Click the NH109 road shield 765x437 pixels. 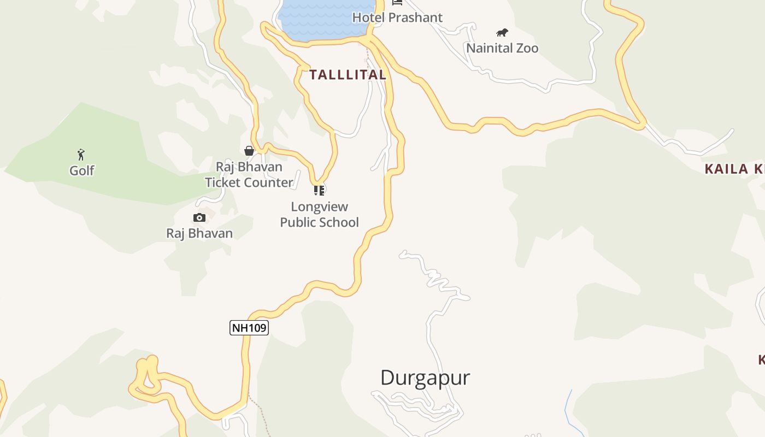coord(249,328)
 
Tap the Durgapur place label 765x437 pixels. coord(425,377)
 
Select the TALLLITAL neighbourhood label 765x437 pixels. coord(348,75)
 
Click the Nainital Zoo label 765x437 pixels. coord(502,48)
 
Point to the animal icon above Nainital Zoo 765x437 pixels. coord(502,32)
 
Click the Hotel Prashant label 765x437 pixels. coord(397,17)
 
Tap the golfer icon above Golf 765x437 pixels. coord(81,155)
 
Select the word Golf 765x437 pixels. coord(82,170)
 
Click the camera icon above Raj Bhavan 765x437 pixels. coord(199,217)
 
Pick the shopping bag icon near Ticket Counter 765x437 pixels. coord(249,151)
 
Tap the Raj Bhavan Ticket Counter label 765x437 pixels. coord(249,175)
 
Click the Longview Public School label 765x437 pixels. coord(320,215)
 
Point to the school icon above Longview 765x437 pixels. coord(319,190)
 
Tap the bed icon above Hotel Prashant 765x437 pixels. coord(397,2)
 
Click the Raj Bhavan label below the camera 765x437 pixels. coord(199,233)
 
